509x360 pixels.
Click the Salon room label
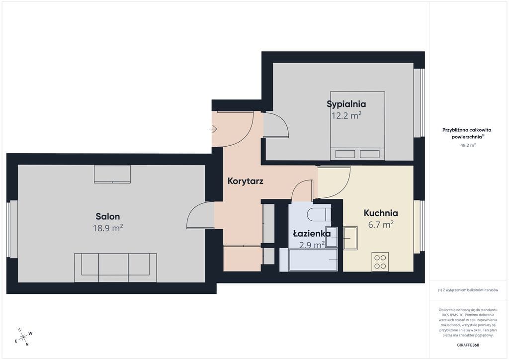point(108,216)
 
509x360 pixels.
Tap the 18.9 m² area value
point(108,228)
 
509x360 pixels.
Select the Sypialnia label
point(346,104)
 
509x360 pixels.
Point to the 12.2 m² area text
point(346,115)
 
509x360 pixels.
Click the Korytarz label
point(245,181)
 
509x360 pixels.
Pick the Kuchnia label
point(380,213)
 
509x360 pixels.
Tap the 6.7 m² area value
point(381,225)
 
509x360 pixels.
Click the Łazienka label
point(312,233)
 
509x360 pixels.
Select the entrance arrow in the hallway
point(213,129)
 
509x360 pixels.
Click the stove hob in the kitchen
point(380,262)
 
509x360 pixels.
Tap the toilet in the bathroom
point(319,215)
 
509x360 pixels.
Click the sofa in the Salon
point(115,268)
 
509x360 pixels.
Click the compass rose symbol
point(24,337)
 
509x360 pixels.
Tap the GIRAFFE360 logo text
point(468,345)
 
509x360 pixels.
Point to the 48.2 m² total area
point(468,145)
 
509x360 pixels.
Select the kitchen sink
point(350,238)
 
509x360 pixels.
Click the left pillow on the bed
point(345,154)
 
